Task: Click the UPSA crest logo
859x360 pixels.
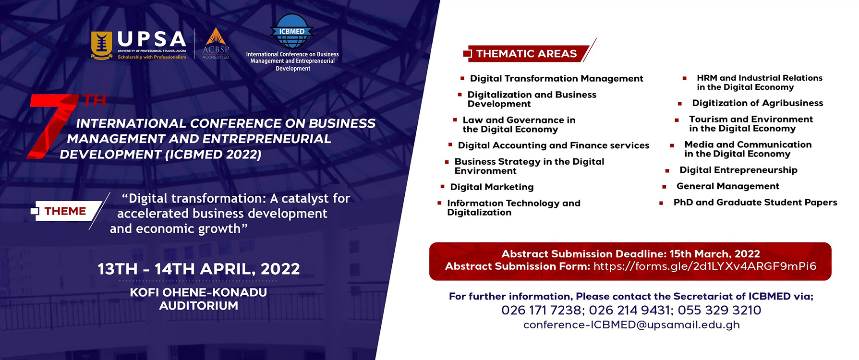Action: pos(101,46)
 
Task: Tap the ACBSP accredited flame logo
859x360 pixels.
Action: pos(216,43)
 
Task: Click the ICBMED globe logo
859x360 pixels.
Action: pos(292,31)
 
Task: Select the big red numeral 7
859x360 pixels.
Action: pos(52,126)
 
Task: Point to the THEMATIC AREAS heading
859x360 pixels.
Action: pos(526,54)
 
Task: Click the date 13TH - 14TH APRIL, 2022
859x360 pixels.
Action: pos(199,269)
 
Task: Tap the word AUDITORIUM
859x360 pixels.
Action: pos(198,306)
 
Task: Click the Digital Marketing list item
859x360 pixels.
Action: pos(492,187)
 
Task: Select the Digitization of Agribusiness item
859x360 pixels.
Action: pos(757,103)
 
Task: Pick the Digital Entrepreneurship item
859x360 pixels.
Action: pos(738,170)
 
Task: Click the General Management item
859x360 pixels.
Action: pos(727,186)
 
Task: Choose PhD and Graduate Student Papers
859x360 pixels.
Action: pos(755,203)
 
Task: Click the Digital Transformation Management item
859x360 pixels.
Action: pos(557,79)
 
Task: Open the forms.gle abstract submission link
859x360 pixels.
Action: pos(704,266)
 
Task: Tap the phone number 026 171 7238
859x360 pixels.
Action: pos(541,310)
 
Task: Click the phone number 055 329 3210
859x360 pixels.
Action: pos(719,310)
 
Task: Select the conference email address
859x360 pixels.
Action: pos(631,325)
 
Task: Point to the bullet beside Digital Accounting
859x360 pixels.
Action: pos(450,144)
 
